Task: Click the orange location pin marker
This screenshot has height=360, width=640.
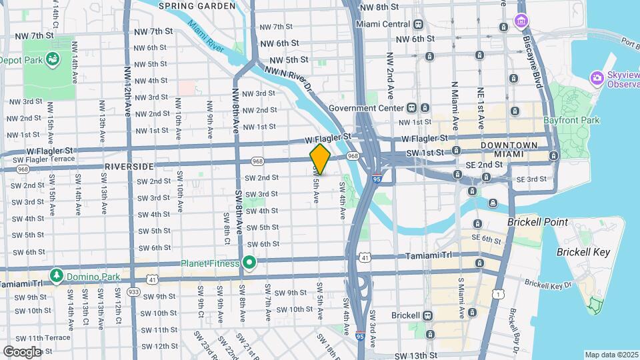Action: point(320,159)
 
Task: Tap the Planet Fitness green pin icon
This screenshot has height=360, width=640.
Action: point(249,263)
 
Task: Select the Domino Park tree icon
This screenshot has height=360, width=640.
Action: point(57,275)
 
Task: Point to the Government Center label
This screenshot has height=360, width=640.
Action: point(366,108)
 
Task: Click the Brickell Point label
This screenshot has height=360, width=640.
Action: point(537,222)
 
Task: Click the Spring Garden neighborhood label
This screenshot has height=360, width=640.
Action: point(197,6)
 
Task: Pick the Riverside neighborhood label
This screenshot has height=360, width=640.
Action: point(129,166)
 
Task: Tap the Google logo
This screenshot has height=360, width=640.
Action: point(22,351)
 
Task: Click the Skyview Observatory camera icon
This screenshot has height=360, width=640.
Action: point(597,79)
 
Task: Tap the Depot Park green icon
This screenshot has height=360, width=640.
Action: point(53,59)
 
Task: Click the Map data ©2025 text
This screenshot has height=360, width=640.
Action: point(611,355)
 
